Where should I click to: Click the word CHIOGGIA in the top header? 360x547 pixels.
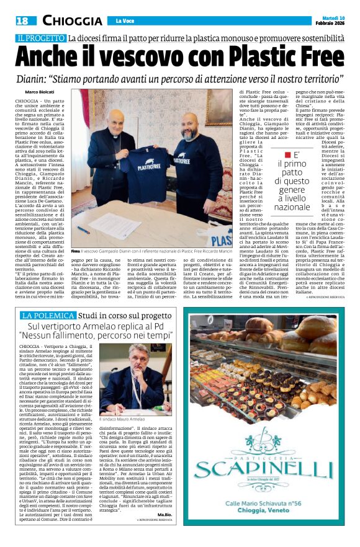tap(72, 21)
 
